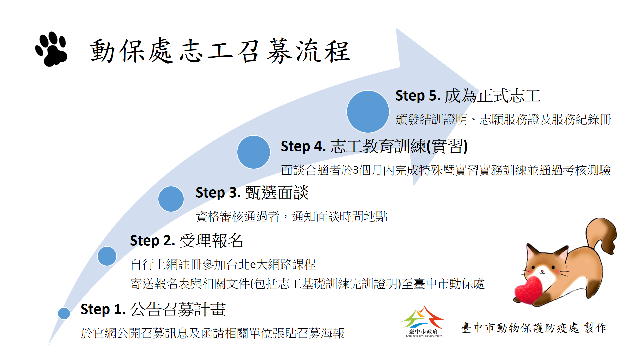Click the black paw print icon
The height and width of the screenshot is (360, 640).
point(51,49)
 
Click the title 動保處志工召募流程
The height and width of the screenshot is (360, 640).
point(220,51)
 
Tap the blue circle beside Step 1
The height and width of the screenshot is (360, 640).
point(64,313)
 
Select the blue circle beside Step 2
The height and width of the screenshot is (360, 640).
point(107,256)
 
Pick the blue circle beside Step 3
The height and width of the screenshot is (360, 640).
point(171,199)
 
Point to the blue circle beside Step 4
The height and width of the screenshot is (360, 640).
point(254,152)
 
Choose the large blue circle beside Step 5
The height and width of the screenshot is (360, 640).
point(368,112)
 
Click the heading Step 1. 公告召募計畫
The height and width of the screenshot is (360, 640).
point(153,309)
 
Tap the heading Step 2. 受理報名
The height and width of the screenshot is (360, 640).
point(187,240)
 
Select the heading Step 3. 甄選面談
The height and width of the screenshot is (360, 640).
point(252,193)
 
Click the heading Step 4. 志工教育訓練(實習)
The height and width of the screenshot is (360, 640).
point(374,146)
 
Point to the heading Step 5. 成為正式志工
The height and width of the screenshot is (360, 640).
point(468,96)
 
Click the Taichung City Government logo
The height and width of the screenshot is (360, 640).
point(423,321)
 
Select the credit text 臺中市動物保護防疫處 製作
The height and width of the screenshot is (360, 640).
point(534,328)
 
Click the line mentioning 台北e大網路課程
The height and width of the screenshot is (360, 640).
point(223,264)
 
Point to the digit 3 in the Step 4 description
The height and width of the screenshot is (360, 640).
point(356,170)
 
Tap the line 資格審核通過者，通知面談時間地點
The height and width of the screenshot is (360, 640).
point(292,216)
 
